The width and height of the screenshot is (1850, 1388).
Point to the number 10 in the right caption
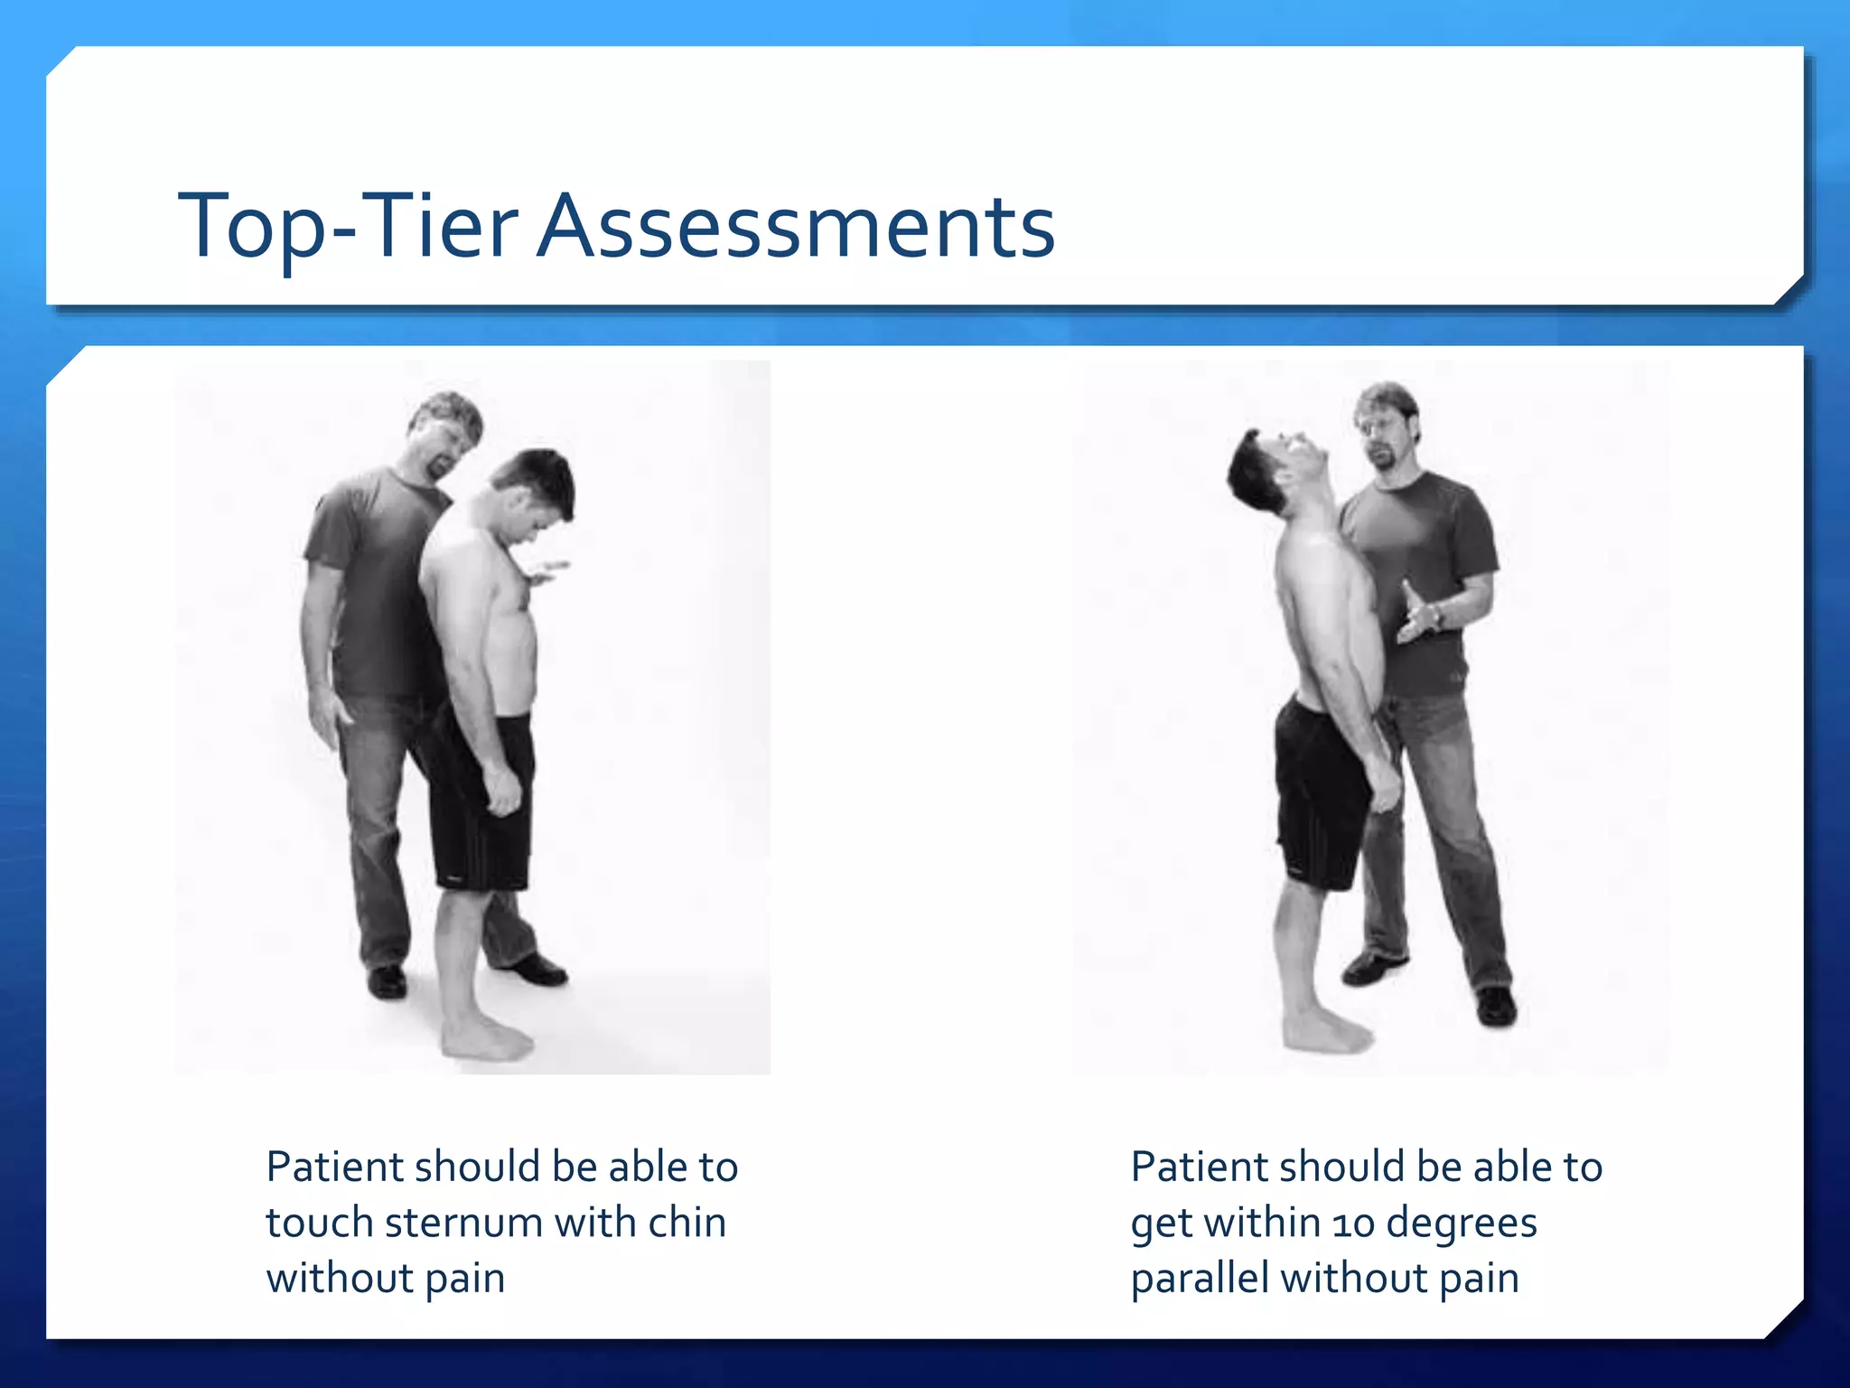pos(1352,1224)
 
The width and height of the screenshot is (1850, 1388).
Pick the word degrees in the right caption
pos(1461,1224)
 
